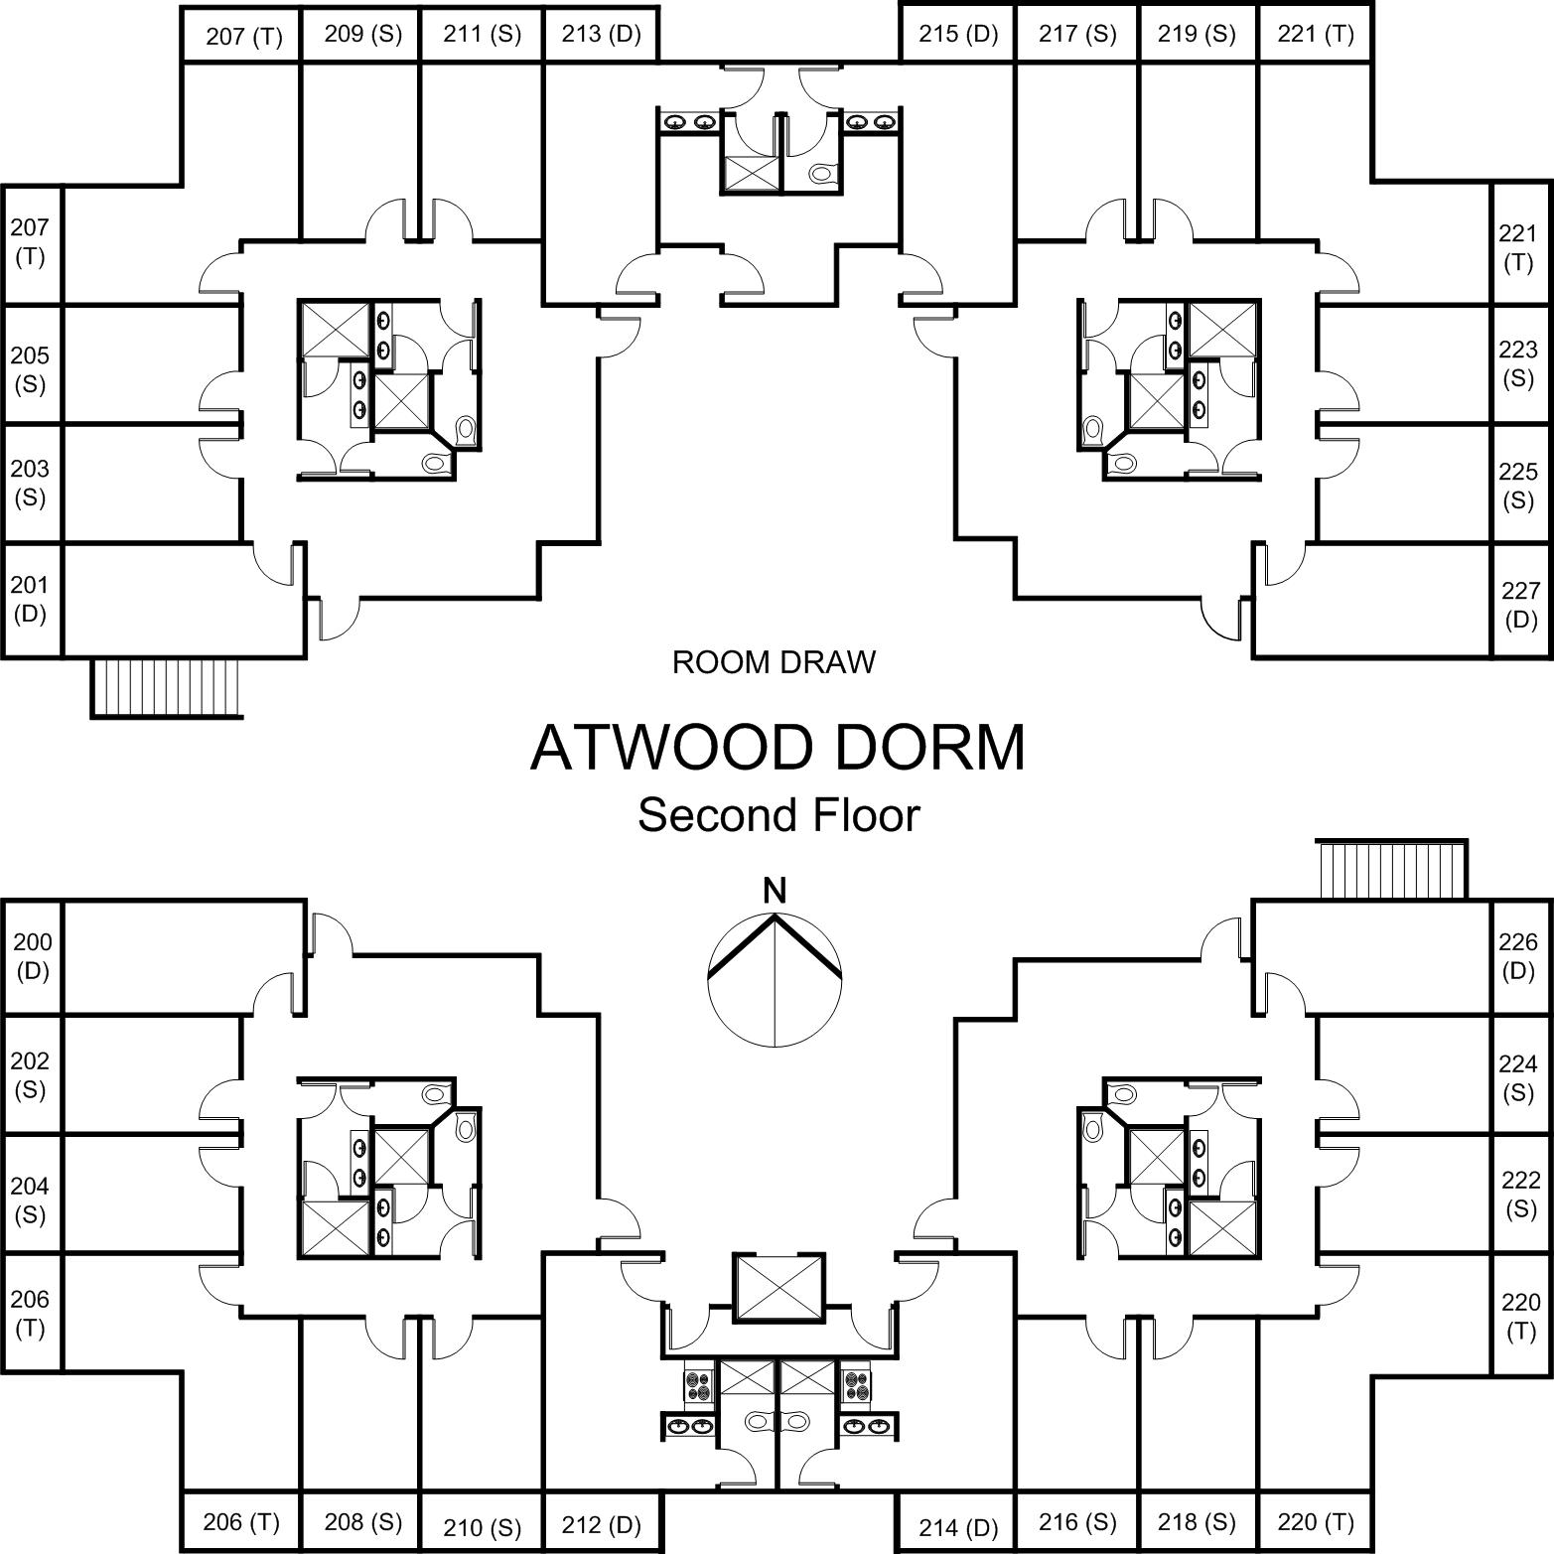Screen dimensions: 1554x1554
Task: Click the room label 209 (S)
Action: coord(362,34)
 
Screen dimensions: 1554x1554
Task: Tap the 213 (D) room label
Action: coord(601,34)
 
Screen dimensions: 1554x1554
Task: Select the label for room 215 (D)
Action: coord(957,34)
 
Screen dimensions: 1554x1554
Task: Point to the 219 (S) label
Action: coord(1197,34)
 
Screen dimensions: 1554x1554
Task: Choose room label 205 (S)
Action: coord(30,369)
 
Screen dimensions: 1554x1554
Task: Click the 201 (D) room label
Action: coord(30,599)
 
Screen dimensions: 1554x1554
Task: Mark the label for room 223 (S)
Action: coord(1517,363)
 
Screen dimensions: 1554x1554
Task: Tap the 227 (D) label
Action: coord(1520,605)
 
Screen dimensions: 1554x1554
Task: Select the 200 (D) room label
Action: coord(32,956)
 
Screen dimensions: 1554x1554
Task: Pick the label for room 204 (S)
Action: coord(30,1200)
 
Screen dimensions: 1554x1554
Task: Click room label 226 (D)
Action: coord(1517,956)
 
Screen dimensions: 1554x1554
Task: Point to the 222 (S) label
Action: coord(1520,1194)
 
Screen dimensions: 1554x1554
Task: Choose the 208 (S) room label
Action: coord(362,1521)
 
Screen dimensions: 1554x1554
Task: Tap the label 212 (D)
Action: coord(601,1524)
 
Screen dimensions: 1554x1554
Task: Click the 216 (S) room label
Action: coord(1077,1521)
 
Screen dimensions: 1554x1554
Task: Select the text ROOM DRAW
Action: coord(774,662)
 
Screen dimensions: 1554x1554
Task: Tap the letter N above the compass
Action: coord(774,891)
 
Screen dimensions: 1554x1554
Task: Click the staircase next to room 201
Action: coord(167,686)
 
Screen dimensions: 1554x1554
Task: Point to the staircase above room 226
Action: coord(1391,870)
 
